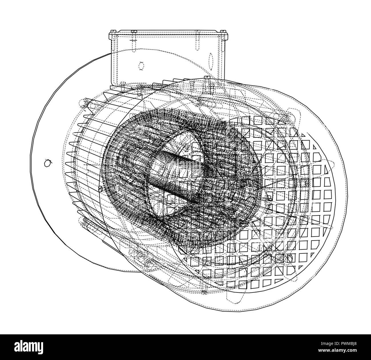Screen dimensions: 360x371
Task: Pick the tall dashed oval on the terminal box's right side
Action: (211, 62)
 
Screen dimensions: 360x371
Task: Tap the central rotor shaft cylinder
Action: (174, 177)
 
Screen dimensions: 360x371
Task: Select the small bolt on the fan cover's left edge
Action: (100, 188)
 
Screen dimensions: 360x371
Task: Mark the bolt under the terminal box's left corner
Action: (123, 84)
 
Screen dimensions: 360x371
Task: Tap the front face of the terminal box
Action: (160, 63)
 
